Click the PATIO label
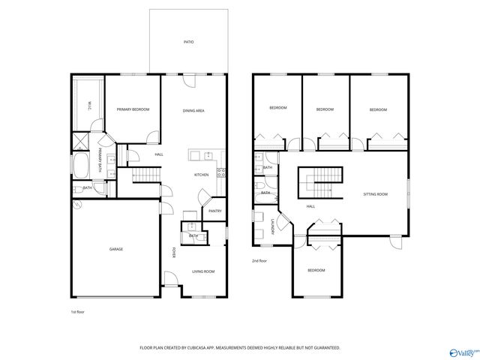[x=189, y=42]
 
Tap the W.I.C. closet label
[x=89, y=107]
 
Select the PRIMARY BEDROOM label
[x=133, y=109]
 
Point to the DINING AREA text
[x=194, y=110]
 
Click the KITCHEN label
[x=202, y=175]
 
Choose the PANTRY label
[x=214, y=211]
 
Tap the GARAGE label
[x=116, y=249]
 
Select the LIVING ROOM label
[x=203, y=271]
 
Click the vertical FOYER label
[x=175, y=252]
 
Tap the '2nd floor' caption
[x=260, y=260]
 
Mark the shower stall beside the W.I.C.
[x=80, y=141]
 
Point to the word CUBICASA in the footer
[x=211, y=348]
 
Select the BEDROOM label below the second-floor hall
[x=316, y=270]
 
